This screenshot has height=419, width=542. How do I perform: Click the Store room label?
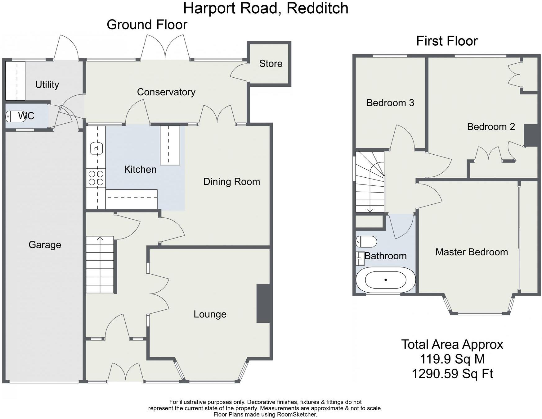click(271, 63)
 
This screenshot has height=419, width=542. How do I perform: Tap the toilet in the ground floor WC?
click(11, 116)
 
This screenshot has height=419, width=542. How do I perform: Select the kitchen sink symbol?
click(96, 148)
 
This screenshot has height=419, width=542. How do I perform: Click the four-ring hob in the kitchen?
click(96, 178)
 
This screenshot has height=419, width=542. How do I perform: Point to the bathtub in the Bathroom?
click(385, 280)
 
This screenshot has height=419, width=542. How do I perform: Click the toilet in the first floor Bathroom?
click(366, 241)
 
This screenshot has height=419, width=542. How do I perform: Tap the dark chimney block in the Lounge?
click(264, 303)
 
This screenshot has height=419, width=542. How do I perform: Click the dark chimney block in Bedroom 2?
click(531, 135)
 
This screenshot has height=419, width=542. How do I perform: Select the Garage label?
click(45, 245)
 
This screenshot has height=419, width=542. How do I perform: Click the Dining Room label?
click(231, 182)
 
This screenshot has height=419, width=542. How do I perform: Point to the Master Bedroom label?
click(471, 252)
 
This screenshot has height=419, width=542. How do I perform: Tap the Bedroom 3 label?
click(390, 103)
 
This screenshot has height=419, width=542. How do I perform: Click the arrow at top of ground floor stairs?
click(100, 239)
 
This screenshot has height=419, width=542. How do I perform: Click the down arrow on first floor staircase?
click(370, 210)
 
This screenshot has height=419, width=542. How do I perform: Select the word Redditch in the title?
click(317, 8)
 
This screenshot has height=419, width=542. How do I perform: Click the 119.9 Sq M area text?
click(452, 359)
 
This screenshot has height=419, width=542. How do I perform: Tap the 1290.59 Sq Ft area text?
click(452, 374)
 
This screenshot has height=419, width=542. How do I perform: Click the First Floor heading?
click(446, 41)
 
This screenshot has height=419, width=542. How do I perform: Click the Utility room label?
click(47, 84)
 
